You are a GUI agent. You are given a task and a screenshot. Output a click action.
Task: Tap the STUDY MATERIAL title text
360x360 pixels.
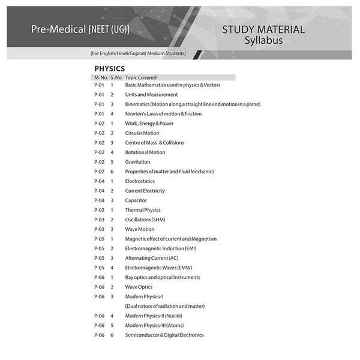263,29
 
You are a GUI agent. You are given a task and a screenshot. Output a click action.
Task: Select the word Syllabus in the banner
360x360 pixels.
263,41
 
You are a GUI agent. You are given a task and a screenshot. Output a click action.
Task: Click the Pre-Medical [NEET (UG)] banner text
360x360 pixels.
80,29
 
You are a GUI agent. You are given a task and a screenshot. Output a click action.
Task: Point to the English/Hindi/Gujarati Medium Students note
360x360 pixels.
138,54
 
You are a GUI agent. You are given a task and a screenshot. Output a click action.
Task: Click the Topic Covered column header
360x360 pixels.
140,77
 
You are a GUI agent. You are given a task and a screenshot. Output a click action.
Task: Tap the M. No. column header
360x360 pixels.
100,77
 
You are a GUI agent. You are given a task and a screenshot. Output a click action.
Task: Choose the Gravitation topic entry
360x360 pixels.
137,162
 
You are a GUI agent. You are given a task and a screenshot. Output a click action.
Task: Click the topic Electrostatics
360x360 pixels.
140,181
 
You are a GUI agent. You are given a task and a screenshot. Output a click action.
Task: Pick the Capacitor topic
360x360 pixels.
136,200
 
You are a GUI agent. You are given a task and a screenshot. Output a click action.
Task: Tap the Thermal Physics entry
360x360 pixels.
143,210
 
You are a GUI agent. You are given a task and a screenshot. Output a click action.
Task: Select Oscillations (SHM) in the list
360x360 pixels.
145,220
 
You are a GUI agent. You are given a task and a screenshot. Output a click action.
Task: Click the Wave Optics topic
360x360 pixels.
139,287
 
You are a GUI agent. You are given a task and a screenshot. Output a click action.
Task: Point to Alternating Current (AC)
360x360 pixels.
152,258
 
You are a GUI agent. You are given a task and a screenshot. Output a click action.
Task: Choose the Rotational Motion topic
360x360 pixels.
145,152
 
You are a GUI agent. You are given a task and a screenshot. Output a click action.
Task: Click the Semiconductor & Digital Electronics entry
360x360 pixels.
164,335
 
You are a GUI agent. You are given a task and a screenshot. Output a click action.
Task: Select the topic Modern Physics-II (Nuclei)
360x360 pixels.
154,316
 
